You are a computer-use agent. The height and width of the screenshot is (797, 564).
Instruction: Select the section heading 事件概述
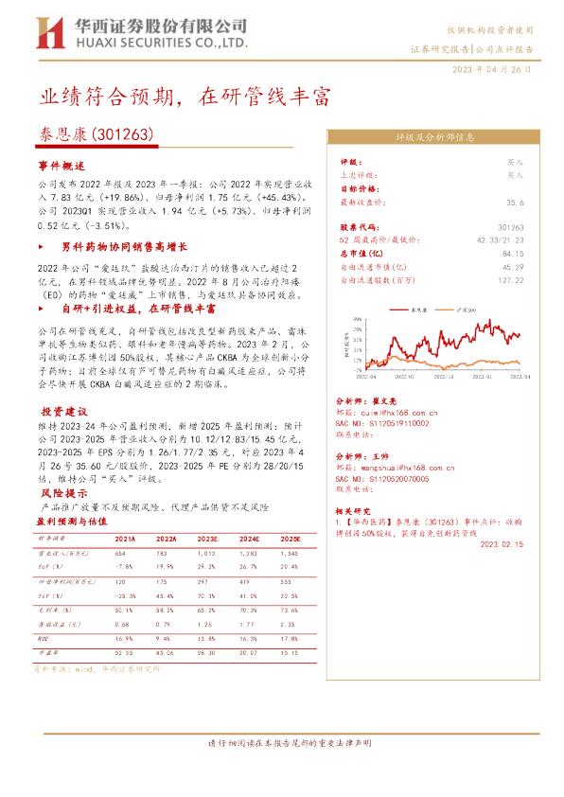(x=63, y=164)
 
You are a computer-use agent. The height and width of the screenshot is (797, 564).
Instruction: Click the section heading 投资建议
(x=63, y=412)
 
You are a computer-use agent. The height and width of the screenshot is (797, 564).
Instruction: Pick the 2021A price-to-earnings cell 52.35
(x=123, y=652)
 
